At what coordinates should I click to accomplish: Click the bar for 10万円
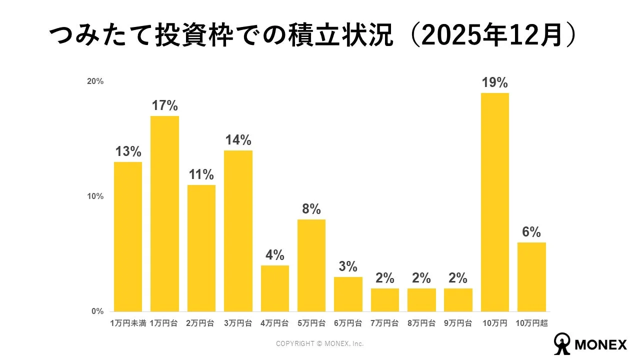pyautogui.click(x=494, y=202)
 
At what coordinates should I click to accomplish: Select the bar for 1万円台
pyautogui.click(x=164, y=213)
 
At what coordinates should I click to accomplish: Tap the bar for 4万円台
pyautogui.click(x=274, y=288)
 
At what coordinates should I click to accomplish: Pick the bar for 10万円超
pyautogui.click(x=531, y=277)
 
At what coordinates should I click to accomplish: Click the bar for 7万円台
pyautogui.click(x=384, y=300)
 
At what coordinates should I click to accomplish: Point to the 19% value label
pyautogui.click(x=494, y=82)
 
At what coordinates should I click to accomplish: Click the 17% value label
pyautogui.click(x=164, y=105)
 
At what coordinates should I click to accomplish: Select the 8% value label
pyautogui.click(x=311, y=209)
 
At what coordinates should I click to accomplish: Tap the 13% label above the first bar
pyautogui.click(x=128, y=151)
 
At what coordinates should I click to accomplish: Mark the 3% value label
pyautogui.click(x=348, y=266)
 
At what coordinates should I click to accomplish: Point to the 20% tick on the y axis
pyautogui.click(x=95, y=81)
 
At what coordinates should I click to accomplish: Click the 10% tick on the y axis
pyautogui.click(x=95, y=196)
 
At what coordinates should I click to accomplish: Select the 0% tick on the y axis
pyautogui.click(x=97, y=311)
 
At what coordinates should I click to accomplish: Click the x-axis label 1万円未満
pyautogui.click(x=128, y=323)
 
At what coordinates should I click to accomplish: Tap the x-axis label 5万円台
pyautogui.click(x=311, y=323)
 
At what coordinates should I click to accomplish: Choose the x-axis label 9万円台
pyautogui.click(x=458, y=323)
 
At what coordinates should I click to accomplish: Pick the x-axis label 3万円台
pyautogui.click(x=238, y=323)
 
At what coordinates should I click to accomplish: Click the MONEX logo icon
pyautogui.click(x=562, y=344)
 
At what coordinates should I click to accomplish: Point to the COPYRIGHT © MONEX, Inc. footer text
pyautogui.click(x=320, y=344)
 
